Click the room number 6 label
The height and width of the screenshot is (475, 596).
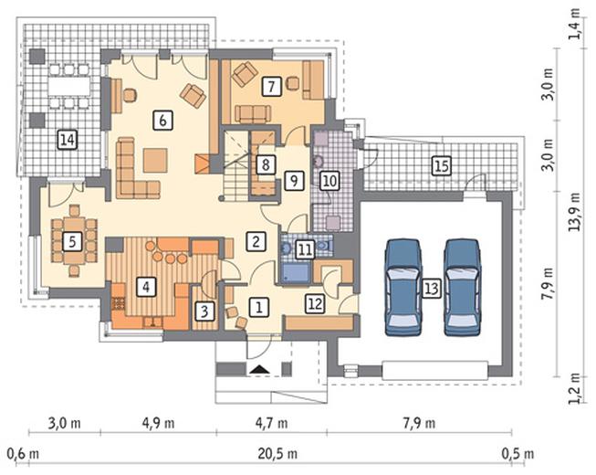tap(162, 121)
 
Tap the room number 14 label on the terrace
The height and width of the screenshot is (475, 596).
tap(68, 140)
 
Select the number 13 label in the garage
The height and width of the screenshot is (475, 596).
tap(431, 289)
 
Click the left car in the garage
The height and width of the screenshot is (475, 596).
tap(403, 287)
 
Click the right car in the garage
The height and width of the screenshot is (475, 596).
tap(462, 287)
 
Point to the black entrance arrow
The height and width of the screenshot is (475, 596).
tap(259, 369)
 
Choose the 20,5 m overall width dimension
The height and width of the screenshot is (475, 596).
tap(277, 454)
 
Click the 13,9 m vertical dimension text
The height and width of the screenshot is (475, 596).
tap(575, 211)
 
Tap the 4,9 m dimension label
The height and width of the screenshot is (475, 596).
tap(159, 423)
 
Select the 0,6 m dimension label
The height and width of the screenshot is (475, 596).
tap(23, 454)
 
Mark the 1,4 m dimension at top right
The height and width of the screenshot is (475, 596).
tap(575, 24)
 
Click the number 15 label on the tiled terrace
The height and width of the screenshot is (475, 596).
tap(442, 166)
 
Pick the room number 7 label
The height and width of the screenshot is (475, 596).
tap(271, 87)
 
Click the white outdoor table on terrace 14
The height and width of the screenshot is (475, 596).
tap(69, 87)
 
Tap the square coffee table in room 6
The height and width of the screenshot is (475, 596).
tap(155, 160)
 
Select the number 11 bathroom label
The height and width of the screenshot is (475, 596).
tap(305, 250)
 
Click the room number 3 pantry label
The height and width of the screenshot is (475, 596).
tap(204, 311)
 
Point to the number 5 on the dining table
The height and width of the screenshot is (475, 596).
tap(72, 241)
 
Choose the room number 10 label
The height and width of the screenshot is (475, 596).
tap(329, 180)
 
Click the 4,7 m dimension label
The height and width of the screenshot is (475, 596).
tap(271, 423)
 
